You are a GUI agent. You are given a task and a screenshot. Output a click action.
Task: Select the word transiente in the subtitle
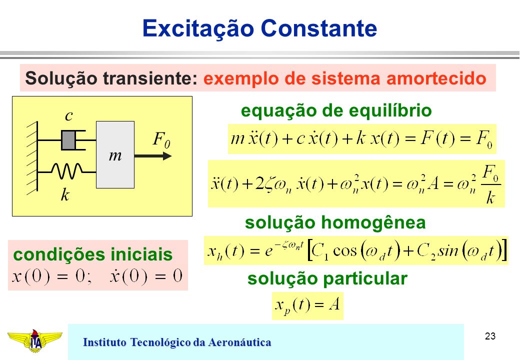pyautogui.click(x=149, y=78)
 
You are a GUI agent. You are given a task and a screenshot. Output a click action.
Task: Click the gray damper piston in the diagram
pyautogui.click(x=68, y=140)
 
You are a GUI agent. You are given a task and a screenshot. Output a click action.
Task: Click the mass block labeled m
pyautogui.click(x=115, y=154)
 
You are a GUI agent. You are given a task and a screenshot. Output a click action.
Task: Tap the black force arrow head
pyautogui.click(x=167, y=156)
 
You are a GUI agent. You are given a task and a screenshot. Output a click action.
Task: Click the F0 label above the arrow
pyautogui.click(x=161, y=139)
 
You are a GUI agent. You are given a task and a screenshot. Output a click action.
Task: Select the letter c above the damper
pyautogui.click(x=68, y=115)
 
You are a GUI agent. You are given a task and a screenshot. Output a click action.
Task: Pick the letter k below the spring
pyautogui.click(x=65, y=194)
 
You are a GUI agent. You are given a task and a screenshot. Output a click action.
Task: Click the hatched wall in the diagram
pyautogui.click(x=32, y=156)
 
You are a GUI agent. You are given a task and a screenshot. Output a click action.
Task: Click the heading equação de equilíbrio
pyautogui.click(x=336, y=110)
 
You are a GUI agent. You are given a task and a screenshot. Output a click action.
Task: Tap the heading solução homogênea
pyautogui.click(x=335, y=222)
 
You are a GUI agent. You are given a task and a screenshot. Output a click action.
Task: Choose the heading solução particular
pyautogui.click(x=327, y=278)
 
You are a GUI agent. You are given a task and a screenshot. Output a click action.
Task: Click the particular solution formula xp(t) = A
pyautogui.click(x=307, y=305)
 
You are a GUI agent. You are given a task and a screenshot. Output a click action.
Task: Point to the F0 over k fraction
pyautogui.click(x=491, y=184)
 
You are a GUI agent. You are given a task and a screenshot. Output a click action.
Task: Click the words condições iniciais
pyautogui.click(x=93, y=254)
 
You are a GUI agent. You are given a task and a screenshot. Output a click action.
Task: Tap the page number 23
pyautogui.click(x=490, y=336)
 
